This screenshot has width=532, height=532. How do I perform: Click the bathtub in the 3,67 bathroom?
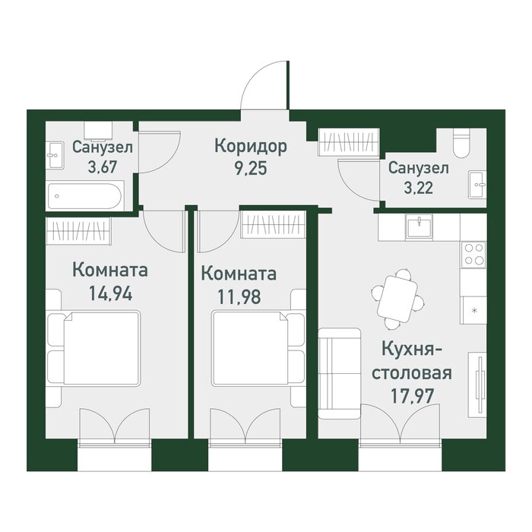85,196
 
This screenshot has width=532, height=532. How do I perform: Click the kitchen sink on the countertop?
419,226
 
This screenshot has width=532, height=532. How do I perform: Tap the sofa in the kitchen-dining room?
339,373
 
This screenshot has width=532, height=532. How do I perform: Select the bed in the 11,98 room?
258,349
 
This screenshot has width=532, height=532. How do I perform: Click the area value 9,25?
251,167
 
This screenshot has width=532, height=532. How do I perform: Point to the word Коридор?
251,147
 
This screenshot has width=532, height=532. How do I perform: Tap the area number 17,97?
412,395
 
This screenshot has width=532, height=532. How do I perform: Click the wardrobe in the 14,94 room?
78,231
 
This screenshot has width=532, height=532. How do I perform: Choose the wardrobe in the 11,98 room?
273,224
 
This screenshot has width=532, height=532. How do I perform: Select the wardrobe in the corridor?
349,142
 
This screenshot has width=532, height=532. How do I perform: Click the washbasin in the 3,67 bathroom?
55,155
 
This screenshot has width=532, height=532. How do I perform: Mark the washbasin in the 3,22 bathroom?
478,185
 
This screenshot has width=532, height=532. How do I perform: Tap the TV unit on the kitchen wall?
478,385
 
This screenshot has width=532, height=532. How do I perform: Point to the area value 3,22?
418,188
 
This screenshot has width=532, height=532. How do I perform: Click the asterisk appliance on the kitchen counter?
474,310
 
